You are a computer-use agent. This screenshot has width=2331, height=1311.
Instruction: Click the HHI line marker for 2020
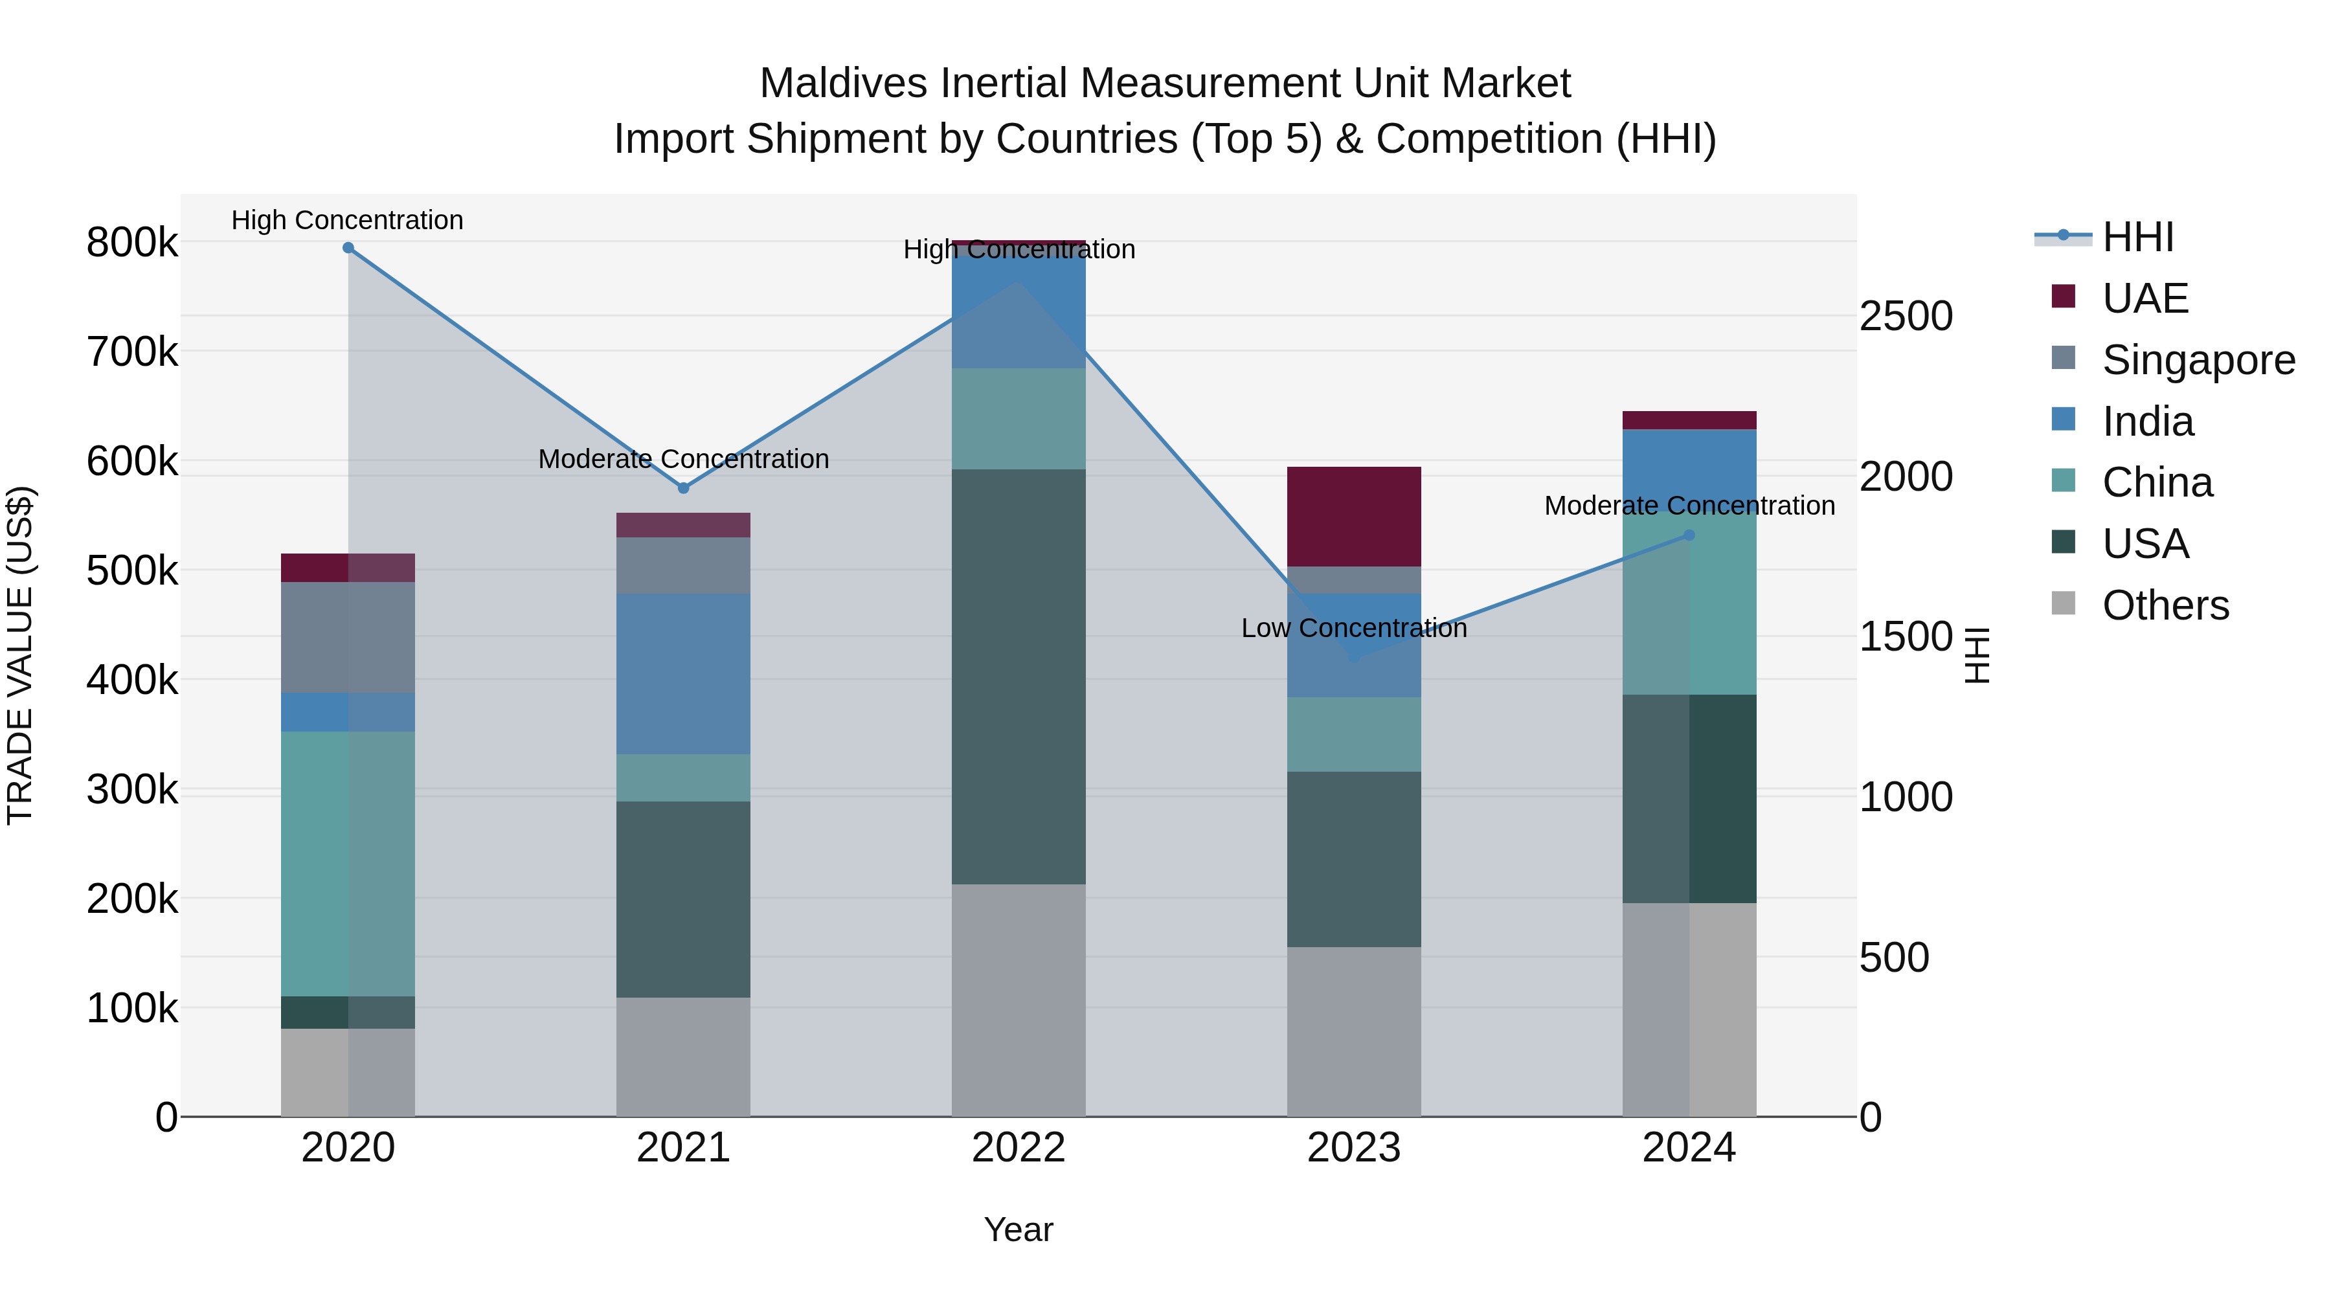click(x=348, y=248)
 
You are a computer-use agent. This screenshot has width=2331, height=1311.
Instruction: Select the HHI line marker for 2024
click(x=1689, y=535)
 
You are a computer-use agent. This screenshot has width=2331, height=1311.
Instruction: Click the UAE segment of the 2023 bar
click(x=1354, y=517)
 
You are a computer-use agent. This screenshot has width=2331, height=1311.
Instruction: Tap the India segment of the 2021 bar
click(x=683, y=673)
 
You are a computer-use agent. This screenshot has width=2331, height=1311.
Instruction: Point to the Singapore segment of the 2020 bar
click(x=348, y=637)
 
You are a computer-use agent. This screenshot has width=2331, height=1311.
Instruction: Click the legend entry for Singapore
click(x=2198, y=360)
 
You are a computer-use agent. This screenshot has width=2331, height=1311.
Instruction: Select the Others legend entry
click(x=2165, y=605)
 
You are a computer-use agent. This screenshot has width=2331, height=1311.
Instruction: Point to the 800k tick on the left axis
click(x=132, y=243)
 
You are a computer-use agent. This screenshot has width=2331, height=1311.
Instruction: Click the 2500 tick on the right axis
click(x=1906, y=317)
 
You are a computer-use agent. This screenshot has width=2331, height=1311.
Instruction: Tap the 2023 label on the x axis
click(x=1354, y=1148)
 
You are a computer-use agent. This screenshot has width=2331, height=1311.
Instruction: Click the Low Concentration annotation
click(x=1354, y=628)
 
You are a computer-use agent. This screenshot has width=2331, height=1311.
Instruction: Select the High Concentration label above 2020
click(x=348, y=220)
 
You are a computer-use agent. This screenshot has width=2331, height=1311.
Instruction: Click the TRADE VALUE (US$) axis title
click(x=20, y=655)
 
